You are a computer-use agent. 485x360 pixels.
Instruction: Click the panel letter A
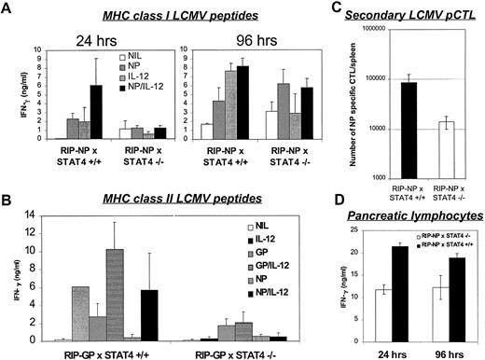(x=8, y=9)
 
